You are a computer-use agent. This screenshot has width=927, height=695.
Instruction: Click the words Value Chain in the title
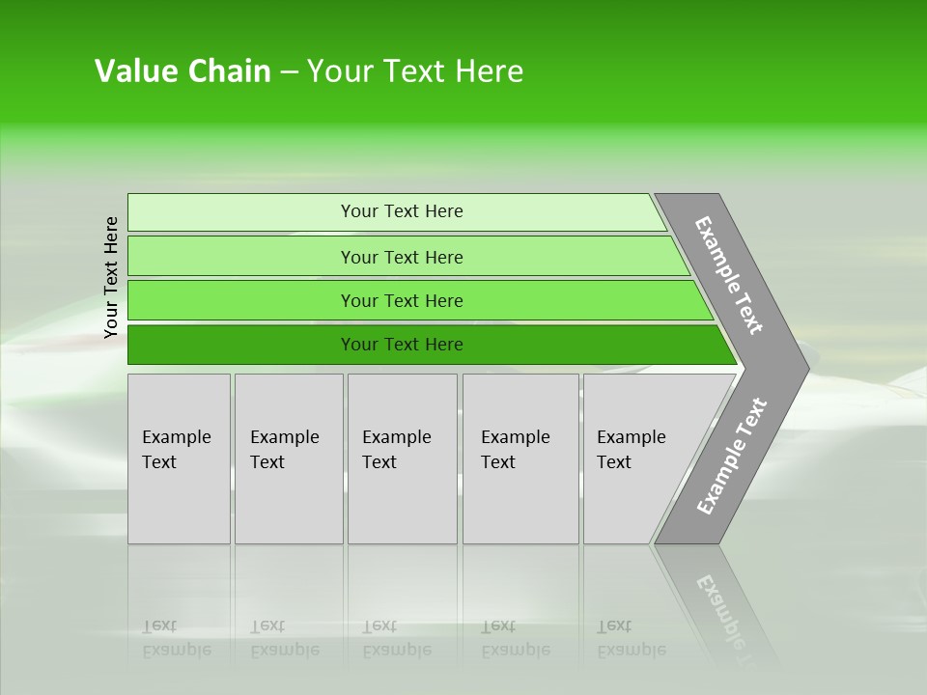click(x=183, y=71)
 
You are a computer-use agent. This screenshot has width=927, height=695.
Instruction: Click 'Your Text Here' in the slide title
click(x=415, y=71)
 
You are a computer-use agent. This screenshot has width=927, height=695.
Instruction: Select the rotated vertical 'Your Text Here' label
click(x=111, y=278)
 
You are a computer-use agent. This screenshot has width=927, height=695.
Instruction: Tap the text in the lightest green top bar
click(x=402, y=211)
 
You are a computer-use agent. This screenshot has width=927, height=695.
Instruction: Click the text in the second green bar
click(x=402, y=257)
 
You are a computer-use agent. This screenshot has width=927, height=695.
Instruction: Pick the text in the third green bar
click(x=402, y=301)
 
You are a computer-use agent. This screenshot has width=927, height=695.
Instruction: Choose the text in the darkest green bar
click(x=402, y=345)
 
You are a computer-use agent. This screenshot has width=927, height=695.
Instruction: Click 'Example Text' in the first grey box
click(x=176, y=450)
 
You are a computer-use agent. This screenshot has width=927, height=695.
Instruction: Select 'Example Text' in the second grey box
click(x=284, y=450)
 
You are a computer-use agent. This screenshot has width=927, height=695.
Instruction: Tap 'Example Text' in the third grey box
click(x=396, y=450)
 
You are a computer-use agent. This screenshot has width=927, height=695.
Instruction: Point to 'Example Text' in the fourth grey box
click(x=515, y=450)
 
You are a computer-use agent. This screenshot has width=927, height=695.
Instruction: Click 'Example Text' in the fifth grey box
click(x=631, y=450)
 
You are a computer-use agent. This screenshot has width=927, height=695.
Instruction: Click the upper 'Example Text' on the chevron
click(x=729, y=275)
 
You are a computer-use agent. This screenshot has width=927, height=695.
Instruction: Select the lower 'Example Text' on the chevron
click(x=732, y=457)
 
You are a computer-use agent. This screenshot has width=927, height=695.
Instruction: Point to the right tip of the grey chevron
click(x=805, y=368)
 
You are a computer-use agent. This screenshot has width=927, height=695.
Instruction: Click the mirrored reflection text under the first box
click(x=176, y=638)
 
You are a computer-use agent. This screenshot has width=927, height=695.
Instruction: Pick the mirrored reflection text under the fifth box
click(x=631, y=638)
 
